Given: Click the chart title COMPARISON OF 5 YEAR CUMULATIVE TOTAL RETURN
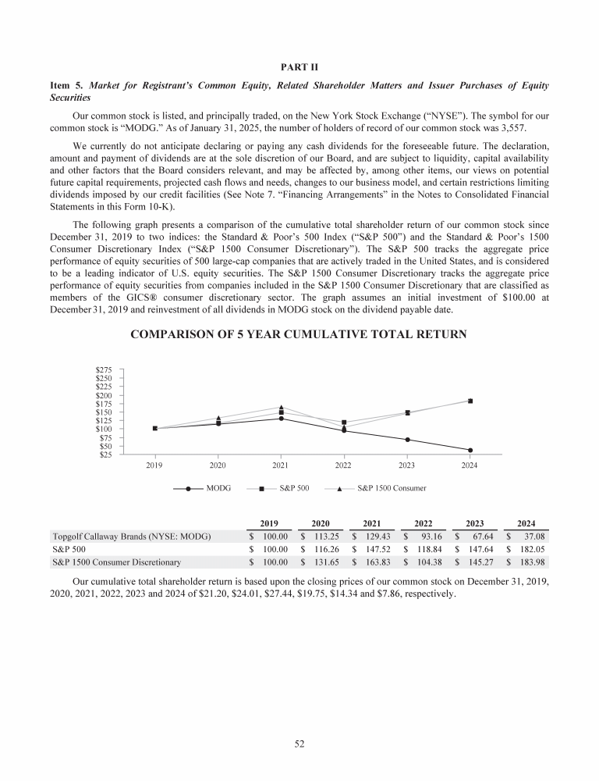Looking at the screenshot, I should [299, 335].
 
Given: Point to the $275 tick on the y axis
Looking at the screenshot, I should [104, 369].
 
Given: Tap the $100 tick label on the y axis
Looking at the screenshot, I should [104, 429].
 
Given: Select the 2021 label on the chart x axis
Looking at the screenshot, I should [281, 465].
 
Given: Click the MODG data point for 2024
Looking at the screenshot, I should [470, 450].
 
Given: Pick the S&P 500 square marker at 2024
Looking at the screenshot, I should [470, 401].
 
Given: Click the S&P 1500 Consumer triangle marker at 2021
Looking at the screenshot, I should [281, 407].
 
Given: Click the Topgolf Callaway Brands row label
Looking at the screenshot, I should [131, 537].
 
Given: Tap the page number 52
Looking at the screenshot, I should [299, 744].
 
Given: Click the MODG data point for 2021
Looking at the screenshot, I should [281, 419].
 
